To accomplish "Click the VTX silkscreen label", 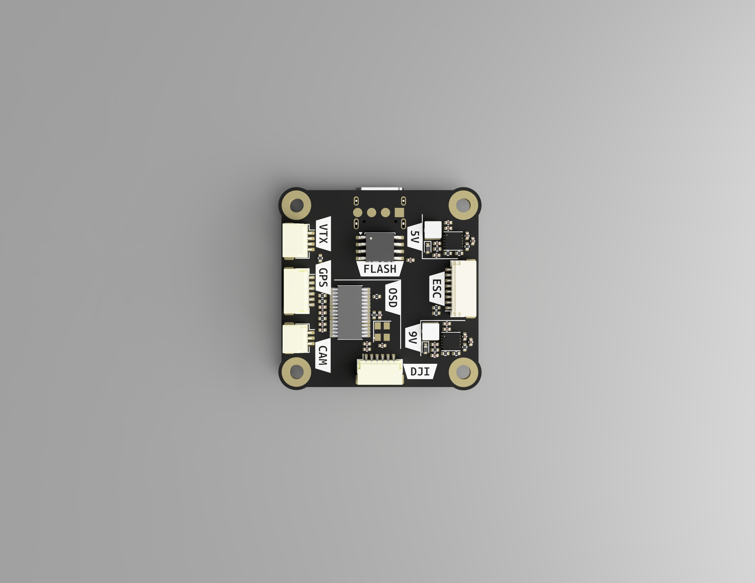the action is click(x=323, y=233).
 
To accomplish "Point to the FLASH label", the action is click(x=380, y=269).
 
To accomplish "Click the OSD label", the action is click(x=393, y=298).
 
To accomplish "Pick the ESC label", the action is click(x=436, y=289).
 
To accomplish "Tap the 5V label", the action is click(x=414, y=237).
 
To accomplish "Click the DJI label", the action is click(x=420, y=371).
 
